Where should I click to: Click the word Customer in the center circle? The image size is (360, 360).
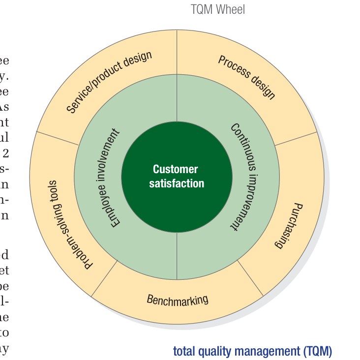[x=176, y=170]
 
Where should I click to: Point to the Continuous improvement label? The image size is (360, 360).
[x=241, y=177]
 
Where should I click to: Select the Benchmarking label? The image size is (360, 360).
[x=178, y=300]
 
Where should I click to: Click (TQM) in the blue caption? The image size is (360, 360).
[x=315, y=352]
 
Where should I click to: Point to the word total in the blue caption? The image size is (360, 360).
[x=183, y=352]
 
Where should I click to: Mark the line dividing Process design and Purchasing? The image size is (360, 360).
[x=295, y=138]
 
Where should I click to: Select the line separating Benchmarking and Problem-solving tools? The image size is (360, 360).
[x=105, y=279]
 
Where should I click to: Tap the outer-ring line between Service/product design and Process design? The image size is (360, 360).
[x=177, y=52]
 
